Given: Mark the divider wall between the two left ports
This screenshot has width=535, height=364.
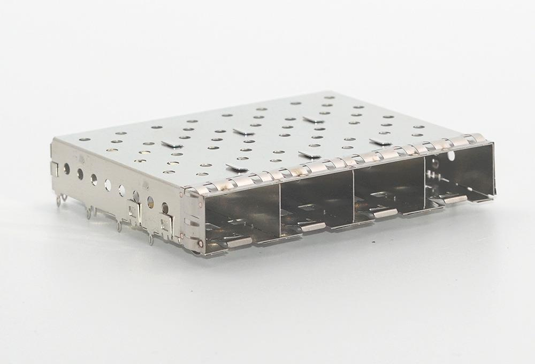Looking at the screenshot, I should click(x=280, y=209).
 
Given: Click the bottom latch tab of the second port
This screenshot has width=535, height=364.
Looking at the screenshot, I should click(x=313, y=227).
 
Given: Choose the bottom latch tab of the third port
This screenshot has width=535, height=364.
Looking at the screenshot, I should click(x=385, y=213).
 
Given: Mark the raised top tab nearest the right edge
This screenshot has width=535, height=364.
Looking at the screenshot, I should click(x=378, y=141).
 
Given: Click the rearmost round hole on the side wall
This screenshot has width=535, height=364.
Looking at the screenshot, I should click(x=66, y=169).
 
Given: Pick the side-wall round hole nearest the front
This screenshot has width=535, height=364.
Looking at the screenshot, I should click(x=165, y=209).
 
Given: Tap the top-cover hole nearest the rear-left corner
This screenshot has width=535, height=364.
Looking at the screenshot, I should click(x=82, y=139).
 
